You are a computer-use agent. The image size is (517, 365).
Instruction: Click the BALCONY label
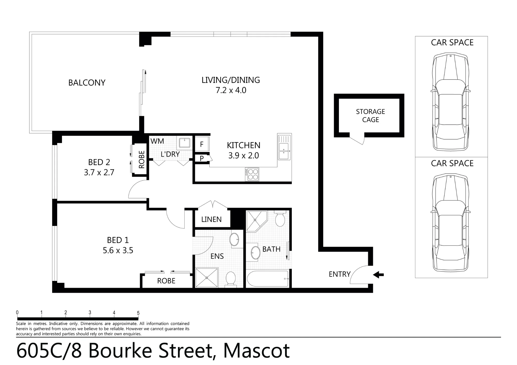tap(87, 83)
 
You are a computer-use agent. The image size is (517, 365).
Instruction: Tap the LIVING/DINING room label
tap(231, 80)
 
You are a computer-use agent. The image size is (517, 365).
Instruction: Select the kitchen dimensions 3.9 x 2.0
tap(244, 156)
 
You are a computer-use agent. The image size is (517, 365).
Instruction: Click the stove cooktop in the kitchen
tap(252, 174)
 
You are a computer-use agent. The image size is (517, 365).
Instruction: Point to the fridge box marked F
tap(202, 144)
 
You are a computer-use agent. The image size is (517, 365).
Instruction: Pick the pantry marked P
tap(202, 158)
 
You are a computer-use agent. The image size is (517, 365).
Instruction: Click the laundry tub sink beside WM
tap(185, 143)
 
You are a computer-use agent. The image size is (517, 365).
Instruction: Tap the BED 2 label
tap(99, 162)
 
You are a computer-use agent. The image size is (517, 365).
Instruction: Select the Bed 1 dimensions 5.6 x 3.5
tap(118, 250)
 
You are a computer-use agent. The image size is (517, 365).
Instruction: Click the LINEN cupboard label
tap(211, 220)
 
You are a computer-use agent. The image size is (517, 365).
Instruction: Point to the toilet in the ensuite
tap(230, 279)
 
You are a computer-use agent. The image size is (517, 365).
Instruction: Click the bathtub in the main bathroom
tap(268, 278)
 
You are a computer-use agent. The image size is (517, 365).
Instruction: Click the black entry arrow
tap(378, 275)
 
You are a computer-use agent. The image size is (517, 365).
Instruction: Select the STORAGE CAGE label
tap(370, 115)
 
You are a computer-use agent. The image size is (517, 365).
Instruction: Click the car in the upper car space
tap(451, 102)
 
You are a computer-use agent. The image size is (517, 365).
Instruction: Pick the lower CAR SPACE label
tap(452, 163)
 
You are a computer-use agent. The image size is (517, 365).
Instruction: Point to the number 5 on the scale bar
tap(138, 313)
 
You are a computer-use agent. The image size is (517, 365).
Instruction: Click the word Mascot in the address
tap(256, 351)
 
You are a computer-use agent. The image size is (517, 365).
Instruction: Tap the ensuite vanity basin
tap(235, 239)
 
